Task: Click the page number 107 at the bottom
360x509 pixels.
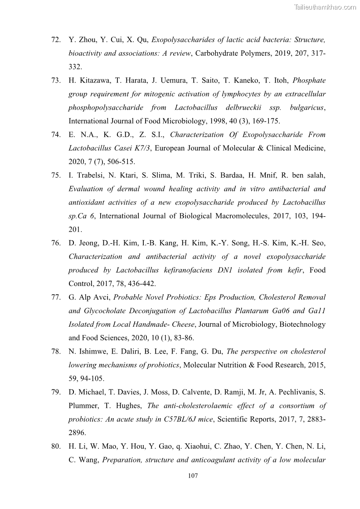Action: [x=193, y=476]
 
